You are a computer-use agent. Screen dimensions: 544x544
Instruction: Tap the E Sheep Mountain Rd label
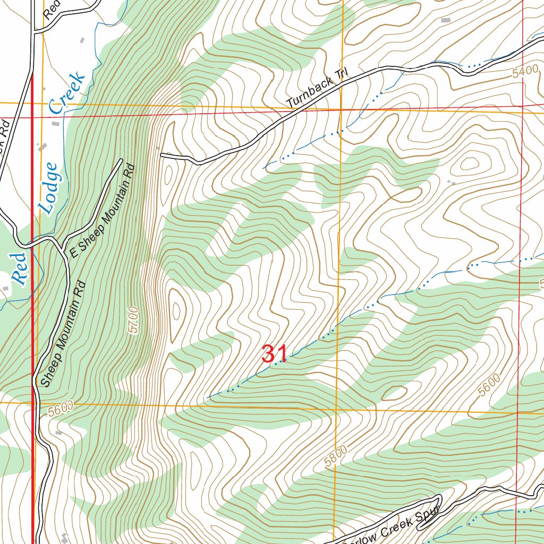point(104,210)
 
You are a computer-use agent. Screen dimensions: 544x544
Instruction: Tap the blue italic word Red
point(19,269)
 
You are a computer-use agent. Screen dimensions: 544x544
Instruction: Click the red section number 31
point(275,354)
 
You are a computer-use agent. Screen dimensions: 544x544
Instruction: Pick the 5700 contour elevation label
point(133,320)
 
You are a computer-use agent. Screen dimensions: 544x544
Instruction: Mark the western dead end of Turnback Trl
point(161,155)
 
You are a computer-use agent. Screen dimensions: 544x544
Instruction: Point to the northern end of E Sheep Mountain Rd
point(121,160)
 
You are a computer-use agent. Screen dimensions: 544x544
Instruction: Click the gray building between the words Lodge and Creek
point(56,123)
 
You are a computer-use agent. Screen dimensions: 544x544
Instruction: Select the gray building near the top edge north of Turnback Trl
point(445,20)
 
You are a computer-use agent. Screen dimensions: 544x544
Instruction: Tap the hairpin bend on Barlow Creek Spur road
point(439,498)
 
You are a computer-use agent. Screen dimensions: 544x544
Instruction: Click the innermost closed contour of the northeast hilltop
point(470,164)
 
